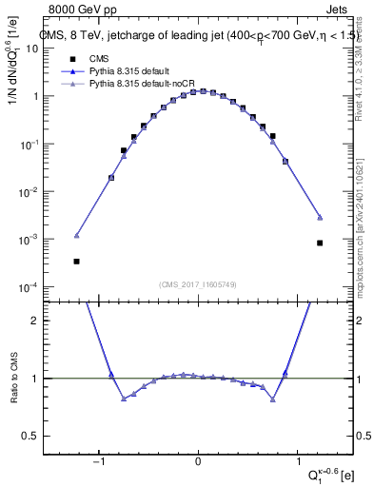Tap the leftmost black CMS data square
click(x=76, y=261)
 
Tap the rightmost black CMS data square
click(x=321, y=243)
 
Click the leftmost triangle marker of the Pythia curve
click(x=76, y=235)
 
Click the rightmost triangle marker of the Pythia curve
click(x=321, y=217)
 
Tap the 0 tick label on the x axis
click(x=198, y=463)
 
